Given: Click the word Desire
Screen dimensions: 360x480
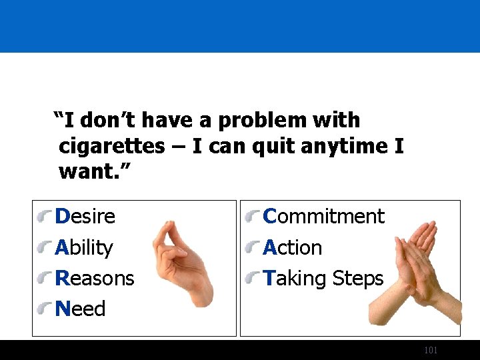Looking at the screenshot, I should tap(85, 217).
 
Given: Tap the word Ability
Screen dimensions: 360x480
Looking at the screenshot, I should tap(84, 248).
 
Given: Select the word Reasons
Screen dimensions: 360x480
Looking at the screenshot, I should tap(95, 278).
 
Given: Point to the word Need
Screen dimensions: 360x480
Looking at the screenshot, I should tap(81, 309).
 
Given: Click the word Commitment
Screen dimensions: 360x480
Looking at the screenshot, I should tap(324, 217).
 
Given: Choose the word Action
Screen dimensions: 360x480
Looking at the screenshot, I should tap(293, 248).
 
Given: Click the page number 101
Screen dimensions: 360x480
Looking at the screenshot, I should tap(431, 350).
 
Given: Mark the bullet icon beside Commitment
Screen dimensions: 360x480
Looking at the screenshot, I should tap(253, 217).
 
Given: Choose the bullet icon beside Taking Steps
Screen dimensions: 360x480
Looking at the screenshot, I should tap(253, 279).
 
